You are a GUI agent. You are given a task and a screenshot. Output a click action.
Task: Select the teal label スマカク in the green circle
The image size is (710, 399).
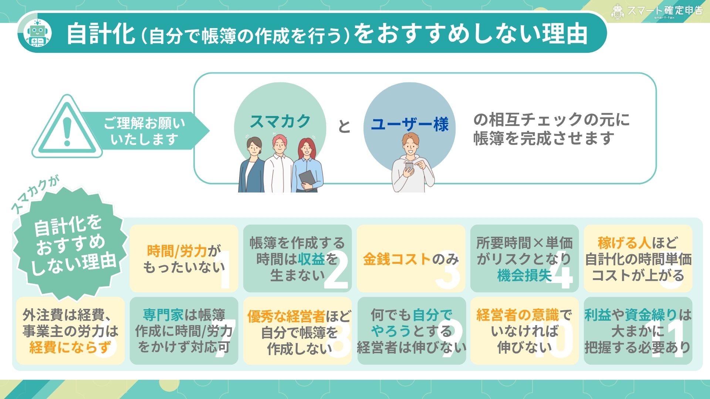click(x=280, y=121)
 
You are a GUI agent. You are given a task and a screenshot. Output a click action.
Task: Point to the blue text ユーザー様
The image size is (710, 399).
click(x=409, y=125)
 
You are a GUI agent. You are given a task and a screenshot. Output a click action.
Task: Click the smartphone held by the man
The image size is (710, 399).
click(x=409, y=167)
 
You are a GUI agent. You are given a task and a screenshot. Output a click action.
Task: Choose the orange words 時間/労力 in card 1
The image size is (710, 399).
click(x=177, y=251)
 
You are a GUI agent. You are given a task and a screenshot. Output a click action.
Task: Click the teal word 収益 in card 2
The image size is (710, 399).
click(x=311, y=259)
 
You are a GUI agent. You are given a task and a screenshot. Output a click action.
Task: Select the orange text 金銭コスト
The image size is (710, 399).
click(x=397, y=259)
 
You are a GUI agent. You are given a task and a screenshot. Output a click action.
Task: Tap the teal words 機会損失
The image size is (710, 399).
click(x=524, y=276)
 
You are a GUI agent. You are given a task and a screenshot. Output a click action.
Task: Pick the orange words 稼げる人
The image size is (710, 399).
click(x=624, y=243)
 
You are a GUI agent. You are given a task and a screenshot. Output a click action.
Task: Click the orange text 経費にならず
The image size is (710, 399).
click(x=70, y=348)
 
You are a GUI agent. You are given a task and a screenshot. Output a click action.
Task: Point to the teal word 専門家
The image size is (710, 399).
click(x=163, y=315)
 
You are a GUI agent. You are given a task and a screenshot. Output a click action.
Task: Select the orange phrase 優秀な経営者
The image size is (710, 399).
click(x=286, y=317)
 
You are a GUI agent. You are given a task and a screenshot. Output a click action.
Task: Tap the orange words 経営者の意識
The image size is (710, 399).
click(x=517, y=315)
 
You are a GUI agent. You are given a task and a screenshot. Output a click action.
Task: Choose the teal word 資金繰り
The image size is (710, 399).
click(x=651, y=315)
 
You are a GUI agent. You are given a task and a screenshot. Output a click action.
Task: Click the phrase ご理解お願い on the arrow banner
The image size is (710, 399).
click(x=144, y=123)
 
